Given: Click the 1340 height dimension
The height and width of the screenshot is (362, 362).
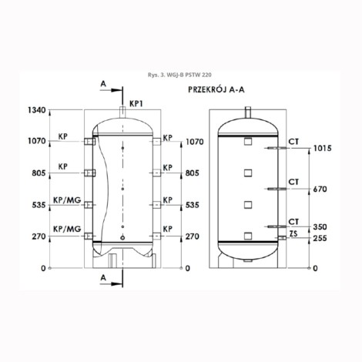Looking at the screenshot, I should (36, 110).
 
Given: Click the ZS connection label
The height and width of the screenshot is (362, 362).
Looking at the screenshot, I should (293, 233).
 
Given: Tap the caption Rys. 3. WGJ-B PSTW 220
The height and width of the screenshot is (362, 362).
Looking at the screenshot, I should (181, 65).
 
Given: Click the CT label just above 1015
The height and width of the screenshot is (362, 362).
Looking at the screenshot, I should (293, 139).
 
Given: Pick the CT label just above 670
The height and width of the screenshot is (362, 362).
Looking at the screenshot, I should (293, 181).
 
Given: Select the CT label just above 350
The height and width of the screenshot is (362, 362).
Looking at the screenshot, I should (293, 220).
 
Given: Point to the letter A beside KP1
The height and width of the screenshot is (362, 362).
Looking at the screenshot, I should (104, 82).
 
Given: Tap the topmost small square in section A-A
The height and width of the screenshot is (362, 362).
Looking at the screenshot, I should (248, 142).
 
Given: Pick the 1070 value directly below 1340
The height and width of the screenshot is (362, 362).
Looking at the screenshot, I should (36, 142).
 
